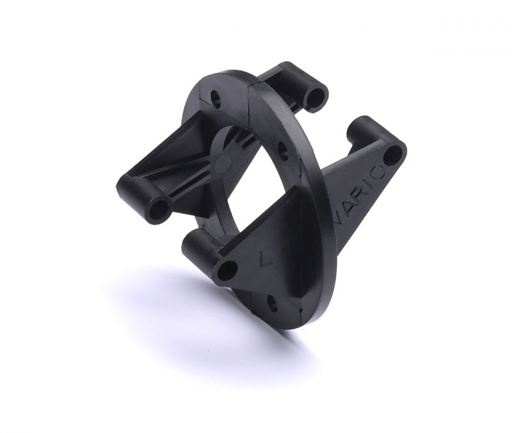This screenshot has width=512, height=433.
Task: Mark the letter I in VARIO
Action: click(x=372, y=183)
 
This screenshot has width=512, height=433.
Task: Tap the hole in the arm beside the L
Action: click(x=227, y=270)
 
